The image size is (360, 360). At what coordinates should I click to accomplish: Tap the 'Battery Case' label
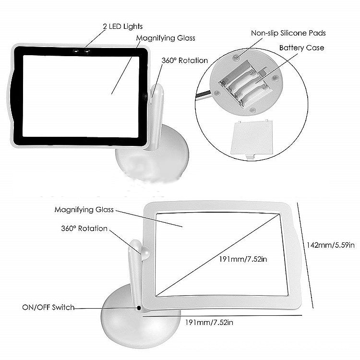301,48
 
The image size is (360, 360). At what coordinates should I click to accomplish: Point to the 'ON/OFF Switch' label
48,307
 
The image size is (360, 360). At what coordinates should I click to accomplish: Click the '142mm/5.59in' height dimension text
331,245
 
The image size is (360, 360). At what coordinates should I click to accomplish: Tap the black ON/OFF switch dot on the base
139,308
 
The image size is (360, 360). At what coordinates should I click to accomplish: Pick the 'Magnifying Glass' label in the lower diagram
84,210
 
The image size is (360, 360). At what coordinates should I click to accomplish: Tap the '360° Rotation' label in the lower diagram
84,228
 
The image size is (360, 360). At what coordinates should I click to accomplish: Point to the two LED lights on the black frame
81,50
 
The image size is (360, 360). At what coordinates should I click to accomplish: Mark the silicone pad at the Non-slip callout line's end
237,58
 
